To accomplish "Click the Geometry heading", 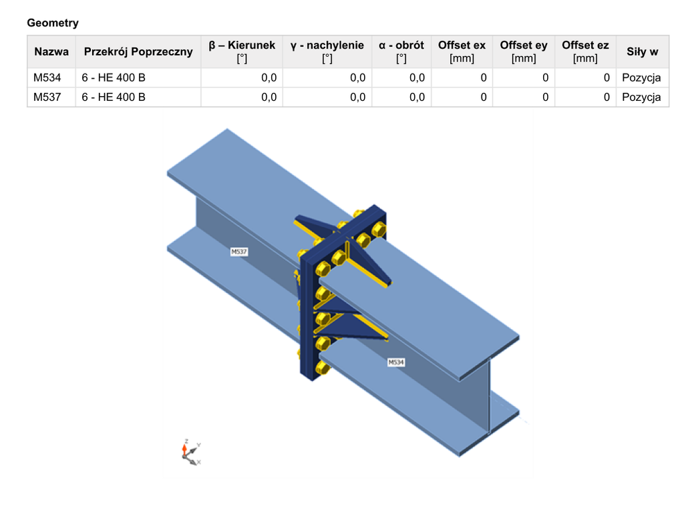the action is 53,23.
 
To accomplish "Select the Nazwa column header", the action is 51,52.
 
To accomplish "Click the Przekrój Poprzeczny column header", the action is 138,52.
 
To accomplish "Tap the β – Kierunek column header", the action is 242,51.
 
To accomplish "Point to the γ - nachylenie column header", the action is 327,51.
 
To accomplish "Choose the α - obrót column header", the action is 401,51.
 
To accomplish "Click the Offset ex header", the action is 462,51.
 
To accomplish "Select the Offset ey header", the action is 524,51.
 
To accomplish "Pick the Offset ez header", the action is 585,51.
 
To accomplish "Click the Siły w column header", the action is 642,52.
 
